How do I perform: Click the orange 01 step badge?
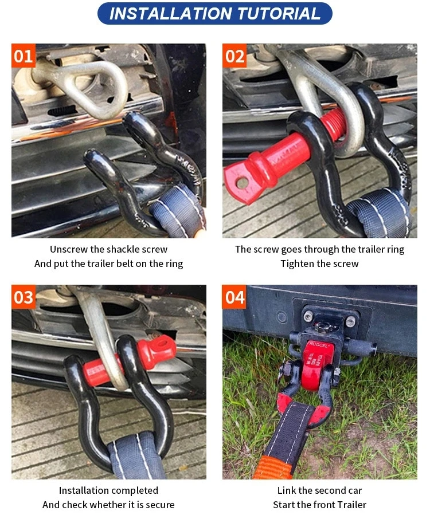coord(24,56)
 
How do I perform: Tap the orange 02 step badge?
coord(234,56)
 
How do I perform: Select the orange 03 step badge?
coord(24,297)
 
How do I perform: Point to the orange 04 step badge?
coord(234,297)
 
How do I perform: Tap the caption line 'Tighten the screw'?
coord(319,264)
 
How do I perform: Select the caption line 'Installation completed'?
coord(108,490)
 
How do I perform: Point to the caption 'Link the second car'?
coord(319,490)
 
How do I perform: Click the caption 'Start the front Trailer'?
coord(319,505)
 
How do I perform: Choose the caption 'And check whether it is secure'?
coord(108,505)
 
